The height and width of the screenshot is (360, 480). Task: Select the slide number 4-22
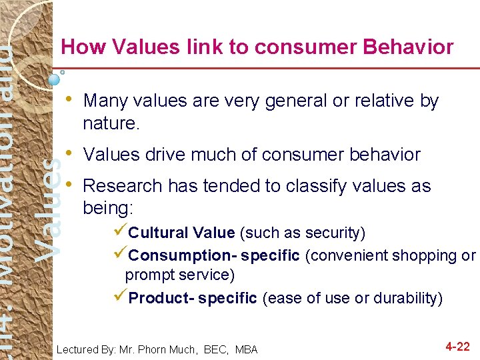[x=457, y=347]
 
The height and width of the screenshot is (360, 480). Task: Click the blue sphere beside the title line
[x=55, y=79]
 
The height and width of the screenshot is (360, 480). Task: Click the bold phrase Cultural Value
[x=181, y=233]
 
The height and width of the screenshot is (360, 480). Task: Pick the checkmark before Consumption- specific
[x=121, y=255]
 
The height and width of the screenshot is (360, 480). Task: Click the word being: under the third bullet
[x=108, y=208]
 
